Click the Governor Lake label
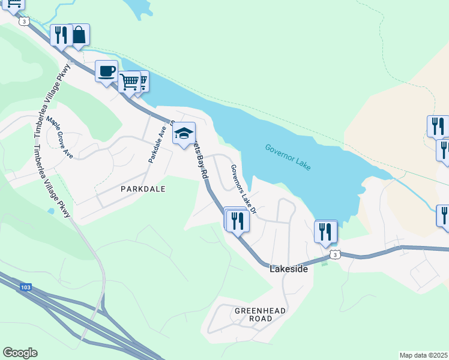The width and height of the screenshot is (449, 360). point(288,157)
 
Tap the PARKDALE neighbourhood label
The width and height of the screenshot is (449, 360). point(142,188)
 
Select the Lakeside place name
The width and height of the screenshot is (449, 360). point(289,269)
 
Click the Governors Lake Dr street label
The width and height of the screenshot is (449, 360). point(244,190)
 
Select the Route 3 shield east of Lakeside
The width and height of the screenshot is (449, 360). point(335,255)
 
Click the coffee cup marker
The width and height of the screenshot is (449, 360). point(107,71)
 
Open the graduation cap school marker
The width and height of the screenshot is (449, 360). point(184,133)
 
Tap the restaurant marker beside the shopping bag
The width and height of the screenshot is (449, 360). point(61,35)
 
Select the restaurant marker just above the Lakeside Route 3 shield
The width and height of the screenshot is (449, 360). point(326,231)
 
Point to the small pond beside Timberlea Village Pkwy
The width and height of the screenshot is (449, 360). point(50,211)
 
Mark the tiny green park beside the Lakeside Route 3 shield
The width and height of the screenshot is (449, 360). point(325,262)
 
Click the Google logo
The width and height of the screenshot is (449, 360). point(20,353)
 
